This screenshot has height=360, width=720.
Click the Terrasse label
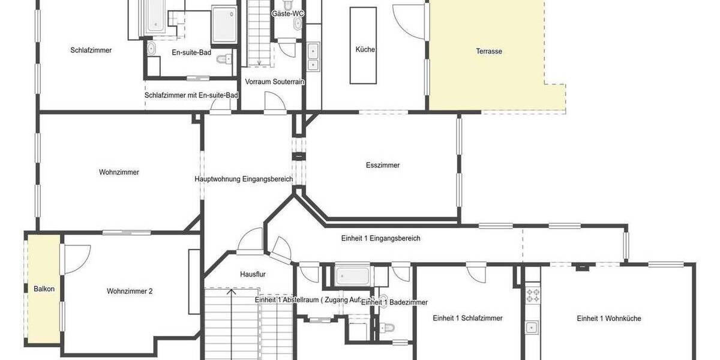tap(489, 52)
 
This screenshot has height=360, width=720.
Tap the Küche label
tap(365, 50)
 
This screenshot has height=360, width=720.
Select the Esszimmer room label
tap(382, 166)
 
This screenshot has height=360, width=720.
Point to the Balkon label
tap(44, 289)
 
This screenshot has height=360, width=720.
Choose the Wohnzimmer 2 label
tap(130, 292)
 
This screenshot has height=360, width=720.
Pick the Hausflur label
tap(253, 274)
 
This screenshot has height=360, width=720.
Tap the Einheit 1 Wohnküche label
tap(608, 319)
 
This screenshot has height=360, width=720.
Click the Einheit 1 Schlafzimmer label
tap(467, 319)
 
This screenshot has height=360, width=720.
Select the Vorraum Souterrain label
tap(275, 82)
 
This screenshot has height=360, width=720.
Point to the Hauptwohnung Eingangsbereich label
tap(244, 179)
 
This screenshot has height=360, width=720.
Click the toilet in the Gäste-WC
tap(298, 23)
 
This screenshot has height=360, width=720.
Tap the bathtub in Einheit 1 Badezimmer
tap(353, 276)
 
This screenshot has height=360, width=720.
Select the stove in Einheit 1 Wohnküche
tap(532, 295)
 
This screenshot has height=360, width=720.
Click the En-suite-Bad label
tap(191, 53)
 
